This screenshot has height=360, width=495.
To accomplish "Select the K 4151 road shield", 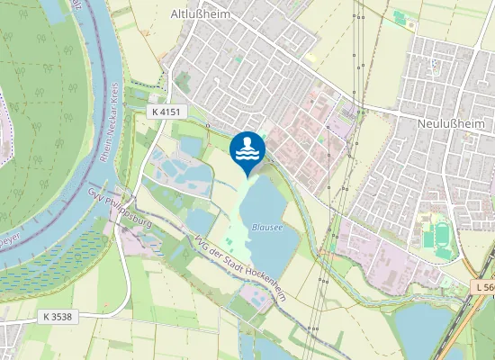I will [165, 111].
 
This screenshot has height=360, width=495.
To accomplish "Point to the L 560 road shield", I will [484, 287].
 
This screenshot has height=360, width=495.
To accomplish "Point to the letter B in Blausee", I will [255, 228].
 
